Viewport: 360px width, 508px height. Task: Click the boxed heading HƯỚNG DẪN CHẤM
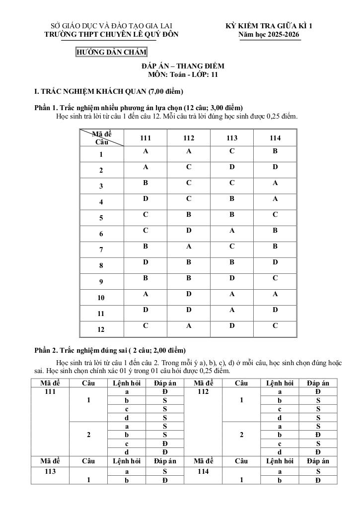click(111, 52)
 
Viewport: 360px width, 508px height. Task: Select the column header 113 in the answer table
click(232, 138)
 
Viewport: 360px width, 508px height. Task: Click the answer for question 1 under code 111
click(145, 151)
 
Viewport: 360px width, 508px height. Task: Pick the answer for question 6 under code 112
click(189, 230)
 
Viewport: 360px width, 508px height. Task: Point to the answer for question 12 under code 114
click(275, 325)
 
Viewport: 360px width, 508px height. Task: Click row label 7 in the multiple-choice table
click(101, 250)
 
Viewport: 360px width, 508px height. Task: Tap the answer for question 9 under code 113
click(232, 278)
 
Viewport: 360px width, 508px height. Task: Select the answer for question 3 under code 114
click(275, 183)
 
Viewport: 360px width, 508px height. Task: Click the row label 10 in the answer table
click(101, 298)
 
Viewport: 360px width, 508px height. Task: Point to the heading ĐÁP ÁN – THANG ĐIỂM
click(183, 66)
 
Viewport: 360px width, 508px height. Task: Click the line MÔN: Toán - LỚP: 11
click(183, 75)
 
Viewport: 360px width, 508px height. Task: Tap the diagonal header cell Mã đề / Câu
click(102, 138)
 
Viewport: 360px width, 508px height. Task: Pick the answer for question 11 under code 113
click(232, 310)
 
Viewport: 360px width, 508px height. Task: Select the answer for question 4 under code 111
click(145, 198)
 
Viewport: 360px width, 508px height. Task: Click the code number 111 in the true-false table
click(49, 391)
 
